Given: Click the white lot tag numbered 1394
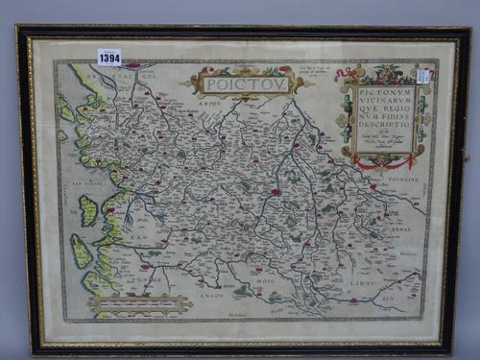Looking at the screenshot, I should pyautogui.click(x=109, y=58).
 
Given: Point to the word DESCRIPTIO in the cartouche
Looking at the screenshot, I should pyautogui.click(x=384, y=126).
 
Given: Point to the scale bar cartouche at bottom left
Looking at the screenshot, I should pyautogui.click(x=139, y=304).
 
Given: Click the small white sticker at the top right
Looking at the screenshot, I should pyautogui.click(x=423, y=76).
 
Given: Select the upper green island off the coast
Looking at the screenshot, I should pyautogui.click(x=88, y=210).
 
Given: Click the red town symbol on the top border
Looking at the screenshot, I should pyautogui.click(x=132, y=65).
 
